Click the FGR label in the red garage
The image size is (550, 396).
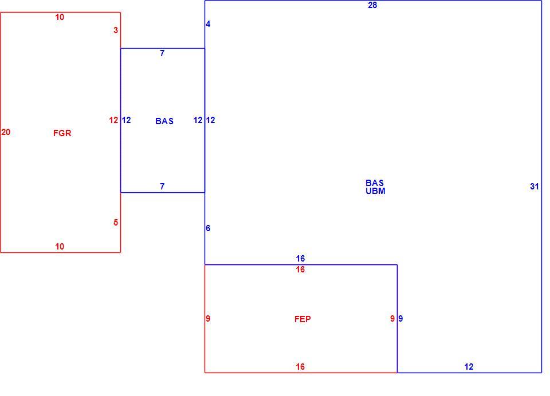pos(62,133)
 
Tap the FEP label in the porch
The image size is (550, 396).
pos(302,319)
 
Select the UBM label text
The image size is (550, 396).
pos(375,191)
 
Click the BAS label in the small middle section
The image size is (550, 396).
pos(164,121)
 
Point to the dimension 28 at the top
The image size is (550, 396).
pos(372,5)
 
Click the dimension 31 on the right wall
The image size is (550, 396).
pos(534,187)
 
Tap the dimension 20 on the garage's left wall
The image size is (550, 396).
pos(6,132)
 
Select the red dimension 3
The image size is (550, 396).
pos(116,30)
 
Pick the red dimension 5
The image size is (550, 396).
pos(116,223)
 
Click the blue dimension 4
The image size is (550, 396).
pos(208,24)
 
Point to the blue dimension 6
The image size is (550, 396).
pos(208,228)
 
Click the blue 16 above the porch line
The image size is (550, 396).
pos(300,259)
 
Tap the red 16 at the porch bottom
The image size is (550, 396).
pos(300,367)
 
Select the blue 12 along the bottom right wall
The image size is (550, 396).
pos(469,367)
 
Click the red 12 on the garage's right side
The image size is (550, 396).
pos(113,120)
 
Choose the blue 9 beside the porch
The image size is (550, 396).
pos(400,319)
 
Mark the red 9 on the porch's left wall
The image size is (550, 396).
pos(208,319)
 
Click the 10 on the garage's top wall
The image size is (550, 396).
pos(60,17)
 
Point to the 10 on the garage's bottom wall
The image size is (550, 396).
pos(60,247)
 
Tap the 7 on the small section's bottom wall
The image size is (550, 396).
pos(162,187)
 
